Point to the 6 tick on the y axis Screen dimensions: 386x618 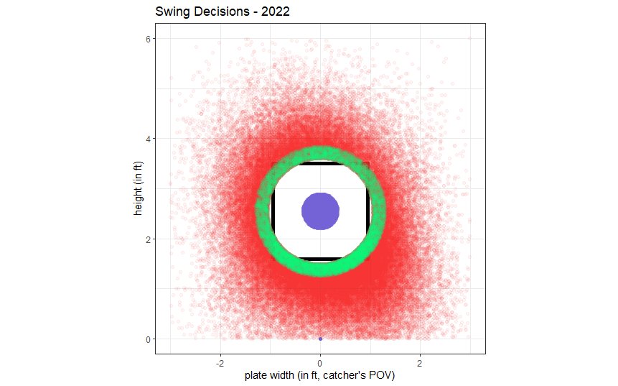tap(147, 39)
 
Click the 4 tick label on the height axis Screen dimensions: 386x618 tap(147, 139)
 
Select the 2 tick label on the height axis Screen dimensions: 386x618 tap(147, 239)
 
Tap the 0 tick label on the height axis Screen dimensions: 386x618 tap(147, 339)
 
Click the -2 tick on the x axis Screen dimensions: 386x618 tap(220, 362)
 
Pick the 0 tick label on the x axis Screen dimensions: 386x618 tap(320, 362)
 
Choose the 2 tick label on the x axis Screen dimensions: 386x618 tap(420, 362)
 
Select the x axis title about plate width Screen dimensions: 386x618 tap(320, 375)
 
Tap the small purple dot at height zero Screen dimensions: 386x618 tap(320, 339)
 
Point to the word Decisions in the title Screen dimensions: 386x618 tap(217, 12)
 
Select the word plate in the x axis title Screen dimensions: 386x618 tap(256, 375)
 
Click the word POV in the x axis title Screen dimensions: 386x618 tap(385, 375)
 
